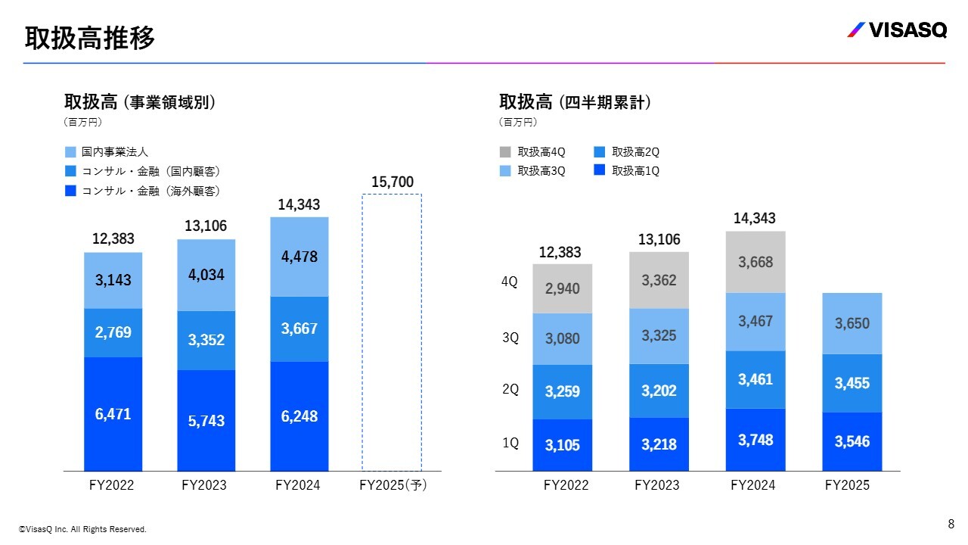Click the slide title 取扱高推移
[89, 37]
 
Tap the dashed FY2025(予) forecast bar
[391, 333]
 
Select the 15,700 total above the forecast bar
[392, 182]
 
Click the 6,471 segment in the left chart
[113, 414]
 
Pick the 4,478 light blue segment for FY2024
[299, 257]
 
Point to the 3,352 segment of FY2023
[206, 341]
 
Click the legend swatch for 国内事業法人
[70, 152]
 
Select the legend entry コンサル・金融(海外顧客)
[150, 192]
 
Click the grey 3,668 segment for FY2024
[755, 262]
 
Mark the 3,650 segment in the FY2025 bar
[852, 323]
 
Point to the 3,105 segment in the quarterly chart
[562, 445]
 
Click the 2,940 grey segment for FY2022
[562, 288]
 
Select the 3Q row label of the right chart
[510, 338]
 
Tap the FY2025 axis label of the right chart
[847, 485]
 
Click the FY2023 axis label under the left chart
[204, 485]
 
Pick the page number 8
[951, 524]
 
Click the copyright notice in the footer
[82, 530]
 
